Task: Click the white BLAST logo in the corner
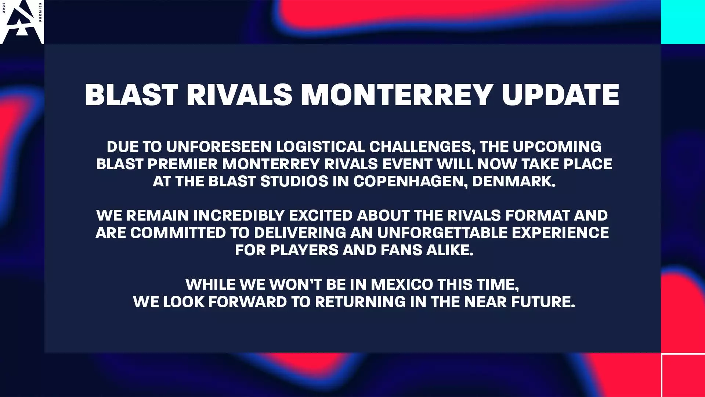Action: click(x=21, y=22)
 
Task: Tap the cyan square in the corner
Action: click(x=683, y=22)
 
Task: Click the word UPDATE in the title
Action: click(x=560, y=94)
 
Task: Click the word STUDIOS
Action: click(x=294, y=181)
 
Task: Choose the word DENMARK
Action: click(x=513, y=181)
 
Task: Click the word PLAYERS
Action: click(x=304, y=250)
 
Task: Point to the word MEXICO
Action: click(x=402, y=285)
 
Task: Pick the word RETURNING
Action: click(x=360, y=302)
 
